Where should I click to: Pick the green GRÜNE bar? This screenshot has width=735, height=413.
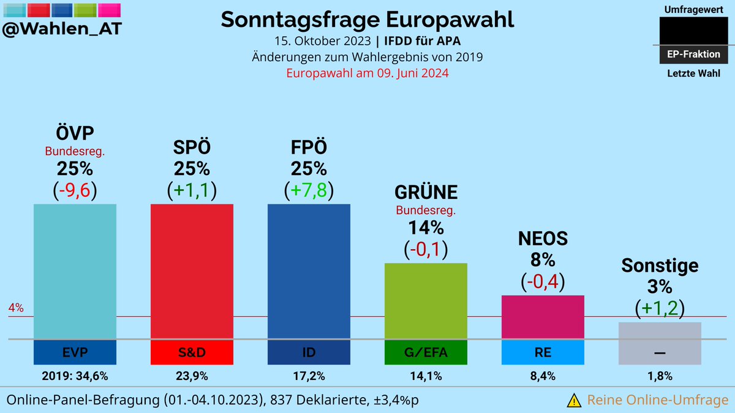tap(426, 300)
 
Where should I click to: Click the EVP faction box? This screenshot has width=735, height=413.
tap(75, 352)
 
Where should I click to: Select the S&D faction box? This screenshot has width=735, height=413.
tap(192, 352)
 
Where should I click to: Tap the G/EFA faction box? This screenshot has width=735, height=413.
tap(426, 352)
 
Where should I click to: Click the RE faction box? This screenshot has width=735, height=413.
tap(543, 352)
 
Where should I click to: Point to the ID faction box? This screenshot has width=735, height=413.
tap(309, 352)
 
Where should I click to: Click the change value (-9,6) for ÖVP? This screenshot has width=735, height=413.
tap(75, 190)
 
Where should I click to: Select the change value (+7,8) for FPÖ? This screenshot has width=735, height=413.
tap(309, 190)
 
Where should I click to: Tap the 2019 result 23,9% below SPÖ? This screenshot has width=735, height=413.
tap(192, 376)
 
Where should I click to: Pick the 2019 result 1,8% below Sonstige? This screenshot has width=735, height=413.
tap(660, 376)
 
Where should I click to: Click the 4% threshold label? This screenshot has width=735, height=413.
tap(16, 308)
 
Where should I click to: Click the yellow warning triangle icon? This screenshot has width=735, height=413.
tap(574, 400)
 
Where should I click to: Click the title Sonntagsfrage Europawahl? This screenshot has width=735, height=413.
tap(367, 19)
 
